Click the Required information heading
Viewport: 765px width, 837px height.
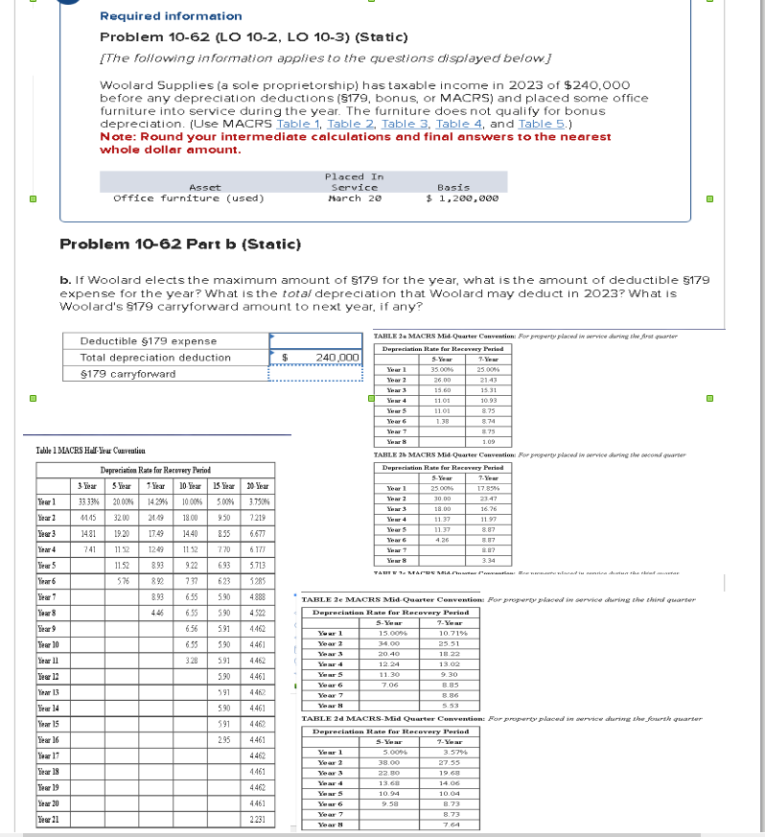tap(171, 16)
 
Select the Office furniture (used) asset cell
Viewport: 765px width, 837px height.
tap(188, 198)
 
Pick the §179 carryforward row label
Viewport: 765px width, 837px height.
tap(127, 374)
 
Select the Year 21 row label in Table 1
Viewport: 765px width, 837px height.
tap(49, 821)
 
